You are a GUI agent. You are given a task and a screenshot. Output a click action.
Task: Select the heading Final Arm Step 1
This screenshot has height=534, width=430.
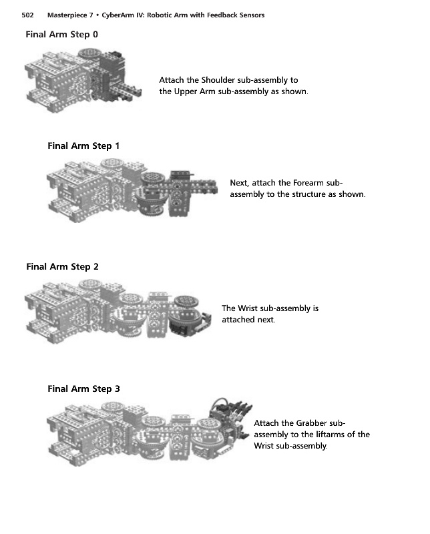pyautogui.click(x=84, y=146)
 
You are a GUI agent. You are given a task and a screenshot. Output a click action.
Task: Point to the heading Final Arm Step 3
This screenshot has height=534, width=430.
pyautogui.click(x=84, y=388)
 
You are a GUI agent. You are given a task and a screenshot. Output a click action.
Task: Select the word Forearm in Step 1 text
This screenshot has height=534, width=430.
pyautogui.click(x=311, y=182)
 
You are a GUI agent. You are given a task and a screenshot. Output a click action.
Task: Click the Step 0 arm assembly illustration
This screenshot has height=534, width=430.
pyautogui.click(x=83, y=80)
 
